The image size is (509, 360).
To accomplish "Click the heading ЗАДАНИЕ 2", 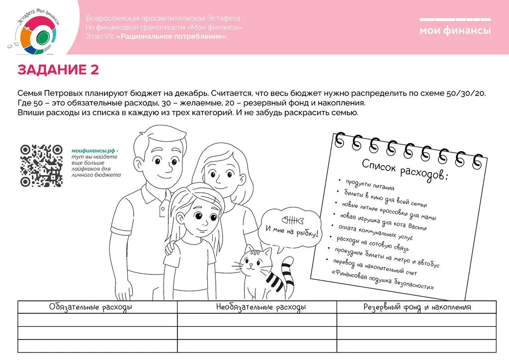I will (58, 70).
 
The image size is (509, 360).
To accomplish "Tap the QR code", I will (41, 166).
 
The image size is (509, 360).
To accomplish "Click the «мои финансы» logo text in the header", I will (455, 31).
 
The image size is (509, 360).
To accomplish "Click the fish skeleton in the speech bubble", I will (292, 220).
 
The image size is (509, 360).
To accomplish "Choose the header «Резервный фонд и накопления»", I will (417, 307).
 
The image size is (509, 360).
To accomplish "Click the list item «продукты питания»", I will (370, 184).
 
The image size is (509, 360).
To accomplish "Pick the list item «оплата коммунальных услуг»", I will (375, 232).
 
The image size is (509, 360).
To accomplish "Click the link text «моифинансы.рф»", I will (95, 150).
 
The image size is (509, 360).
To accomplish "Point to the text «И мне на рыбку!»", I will (292, 231).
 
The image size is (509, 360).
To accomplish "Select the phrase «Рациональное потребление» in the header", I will (172, 36).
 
